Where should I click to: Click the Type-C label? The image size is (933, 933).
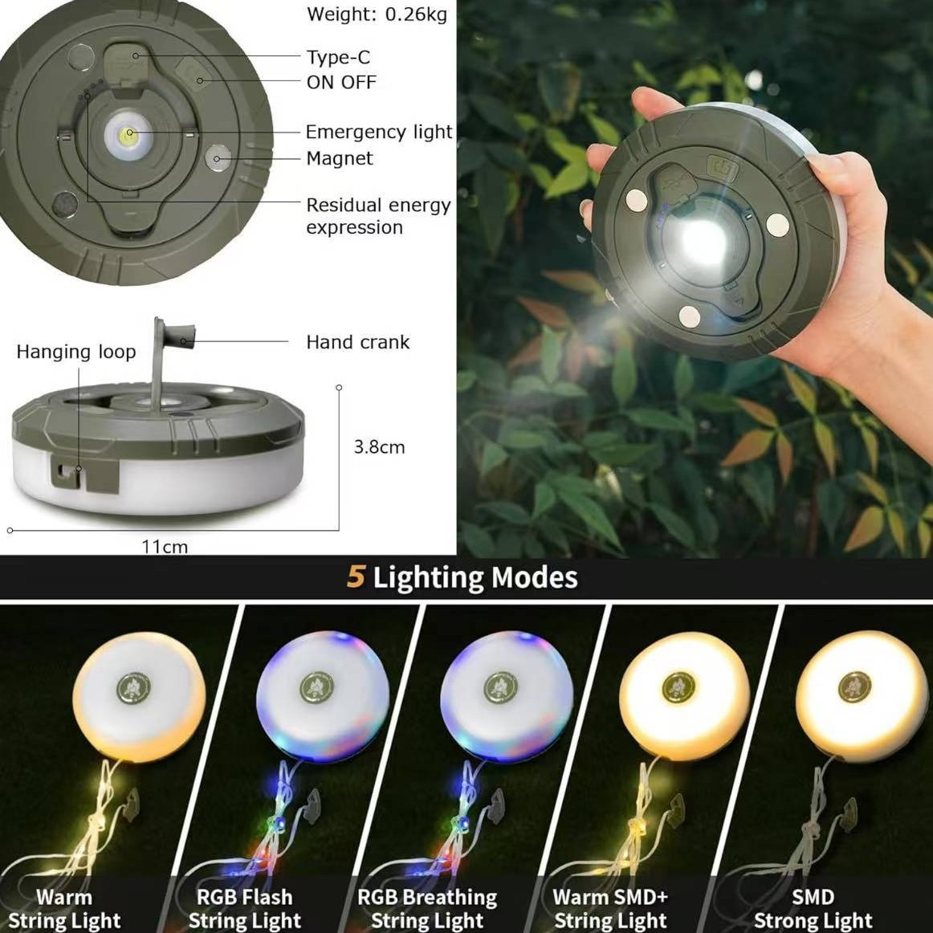click(x=338, y=57)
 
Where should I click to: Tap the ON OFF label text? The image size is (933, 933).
click(x=341, y=82)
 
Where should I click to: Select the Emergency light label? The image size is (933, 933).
click(x=379, y=132)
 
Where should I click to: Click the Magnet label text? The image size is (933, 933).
click(x=340, y=158)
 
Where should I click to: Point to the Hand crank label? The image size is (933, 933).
click(x=357, y=342)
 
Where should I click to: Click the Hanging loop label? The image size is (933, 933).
click(x=76, y=352)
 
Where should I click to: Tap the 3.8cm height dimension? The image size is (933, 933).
click(x=379, y=447)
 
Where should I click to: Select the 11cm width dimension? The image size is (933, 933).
click(x=165, y=547)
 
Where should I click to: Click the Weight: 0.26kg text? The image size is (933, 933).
click(x=377, y=14)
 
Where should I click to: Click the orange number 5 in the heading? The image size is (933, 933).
click(x=356, y=577)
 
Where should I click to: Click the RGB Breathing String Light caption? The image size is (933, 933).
click(x=427, y=908)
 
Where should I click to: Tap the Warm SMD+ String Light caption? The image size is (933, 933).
click(x=610, y=908)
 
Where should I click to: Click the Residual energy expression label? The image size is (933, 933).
click(x=377, y=216)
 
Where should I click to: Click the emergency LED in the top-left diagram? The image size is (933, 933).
click(x=128, y=133)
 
